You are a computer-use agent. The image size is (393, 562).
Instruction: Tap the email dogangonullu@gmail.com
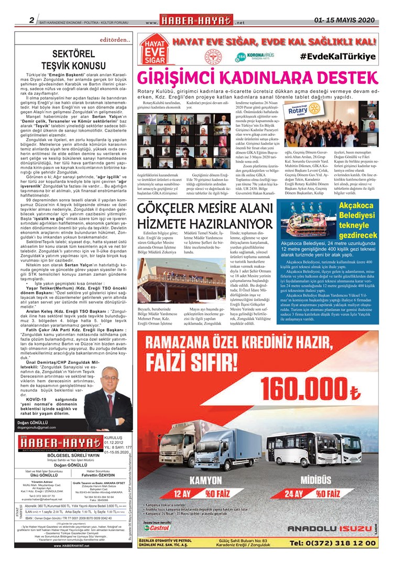(37, 427)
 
